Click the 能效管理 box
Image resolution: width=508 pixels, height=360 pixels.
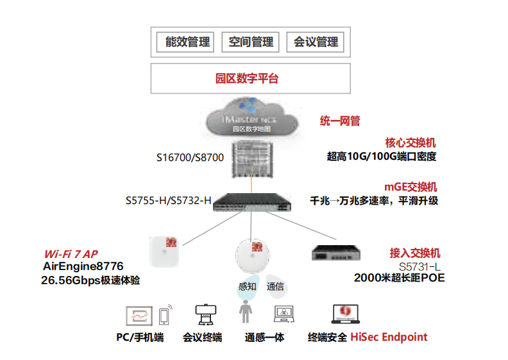[x=187, y=42]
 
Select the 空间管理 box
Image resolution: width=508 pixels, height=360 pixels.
[x=251, y=42]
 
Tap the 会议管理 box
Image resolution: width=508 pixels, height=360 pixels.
[x=316, y=42]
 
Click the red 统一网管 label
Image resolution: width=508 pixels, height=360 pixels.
[x=340, y=121]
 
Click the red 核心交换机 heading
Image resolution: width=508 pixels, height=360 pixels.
[x=411, y=143]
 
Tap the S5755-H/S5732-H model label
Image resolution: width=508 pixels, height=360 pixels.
[x=169, y=201]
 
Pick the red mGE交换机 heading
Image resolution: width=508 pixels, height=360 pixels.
[x=411, y=187]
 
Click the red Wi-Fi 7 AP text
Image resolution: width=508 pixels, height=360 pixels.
[x=71, y=253]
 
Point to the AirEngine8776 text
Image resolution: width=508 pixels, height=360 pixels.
[x=83, y=266]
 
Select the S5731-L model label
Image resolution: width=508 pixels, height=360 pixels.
[x=419, y=266]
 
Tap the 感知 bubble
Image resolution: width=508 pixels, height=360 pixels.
[x=247, y=287]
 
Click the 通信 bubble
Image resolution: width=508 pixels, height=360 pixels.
[x=275, y=287]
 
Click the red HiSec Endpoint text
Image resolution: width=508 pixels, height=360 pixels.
[x=389, y=337]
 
